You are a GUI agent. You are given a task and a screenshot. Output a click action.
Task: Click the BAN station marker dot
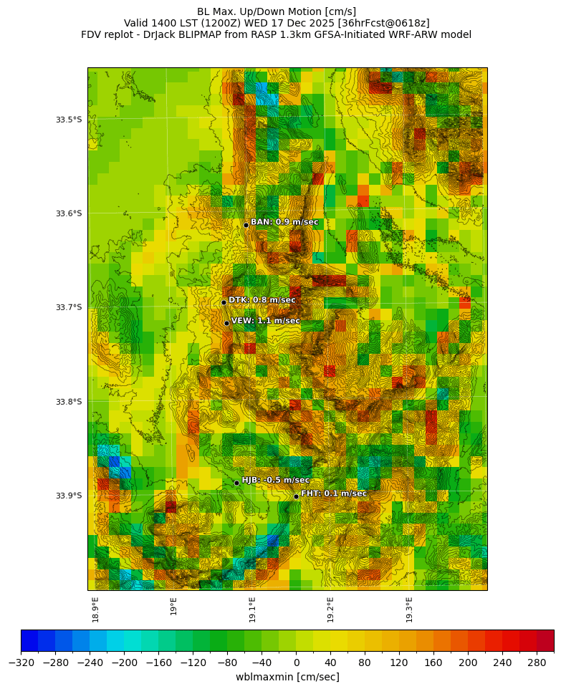[246, 225]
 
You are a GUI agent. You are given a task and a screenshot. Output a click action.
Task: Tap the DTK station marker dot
[224, 302]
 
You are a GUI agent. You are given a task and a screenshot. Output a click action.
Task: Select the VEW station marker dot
[226, 323]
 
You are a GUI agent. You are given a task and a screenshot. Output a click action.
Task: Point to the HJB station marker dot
[236, 483]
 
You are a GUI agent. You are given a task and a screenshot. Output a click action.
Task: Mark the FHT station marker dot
[296, 496]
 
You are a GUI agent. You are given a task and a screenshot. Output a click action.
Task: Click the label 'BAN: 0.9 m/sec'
[284, 222]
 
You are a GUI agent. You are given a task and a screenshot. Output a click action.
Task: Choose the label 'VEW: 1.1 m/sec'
[266, 321]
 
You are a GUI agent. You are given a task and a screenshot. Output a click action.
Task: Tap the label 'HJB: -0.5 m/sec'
[276, 480]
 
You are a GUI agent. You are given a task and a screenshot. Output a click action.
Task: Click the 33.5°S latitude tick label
[69, 120]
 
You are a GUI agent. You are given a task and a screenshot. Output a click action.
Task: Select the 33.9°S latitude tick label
[69, 496]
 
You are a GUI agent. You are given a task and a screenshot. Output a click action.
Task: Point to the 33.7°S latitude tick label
[69, 307]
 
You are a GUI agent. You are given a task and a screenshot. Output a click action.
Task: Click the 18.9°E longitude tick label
[95, 609]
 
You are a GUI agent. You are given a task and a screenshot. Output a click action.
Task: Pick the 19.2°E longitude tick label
[331, 609]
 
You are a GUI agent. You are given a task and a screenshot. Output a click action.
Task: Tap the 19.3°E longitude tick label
[410, 609]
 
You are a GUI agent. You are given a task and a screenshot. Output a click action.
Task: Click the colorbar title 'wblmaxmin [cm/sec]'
[287, 677]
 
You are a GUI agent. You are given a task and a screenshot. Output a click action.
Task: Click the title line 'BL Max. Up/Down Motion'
[277, 11]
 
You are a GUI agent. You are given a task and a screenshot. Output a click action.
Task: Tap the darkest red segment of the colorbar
[545, 640]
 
